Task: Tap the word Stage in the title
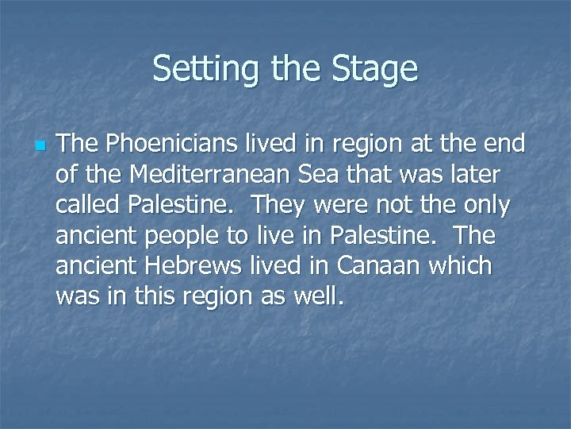click(375, 69)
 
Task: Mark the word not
click(400, 205)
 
